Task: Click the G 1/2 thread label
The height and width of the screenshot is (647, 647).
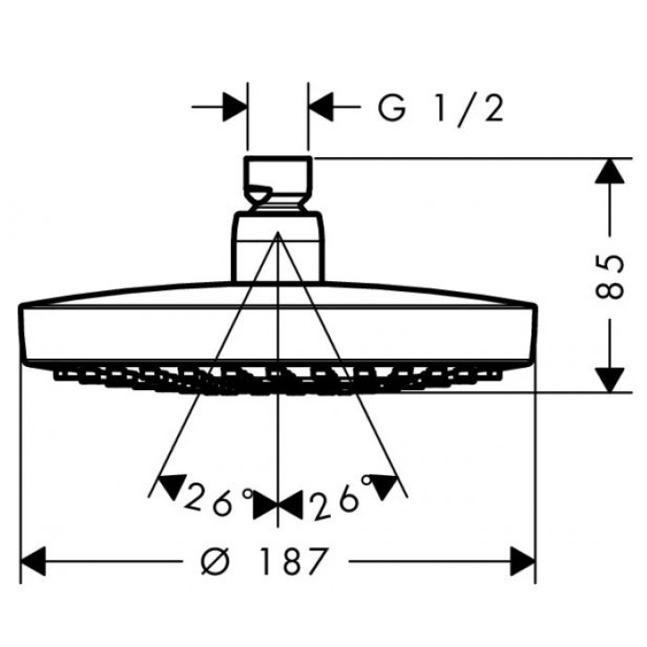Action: (441, 109)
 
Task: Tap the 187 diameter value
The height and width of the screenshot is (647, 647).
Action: (293, 560)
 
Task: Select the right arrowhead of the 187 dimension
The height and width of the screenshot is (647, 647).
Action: (522, 560)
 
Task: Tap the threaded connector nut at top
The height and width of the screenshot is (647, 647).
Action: (278, 180)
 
